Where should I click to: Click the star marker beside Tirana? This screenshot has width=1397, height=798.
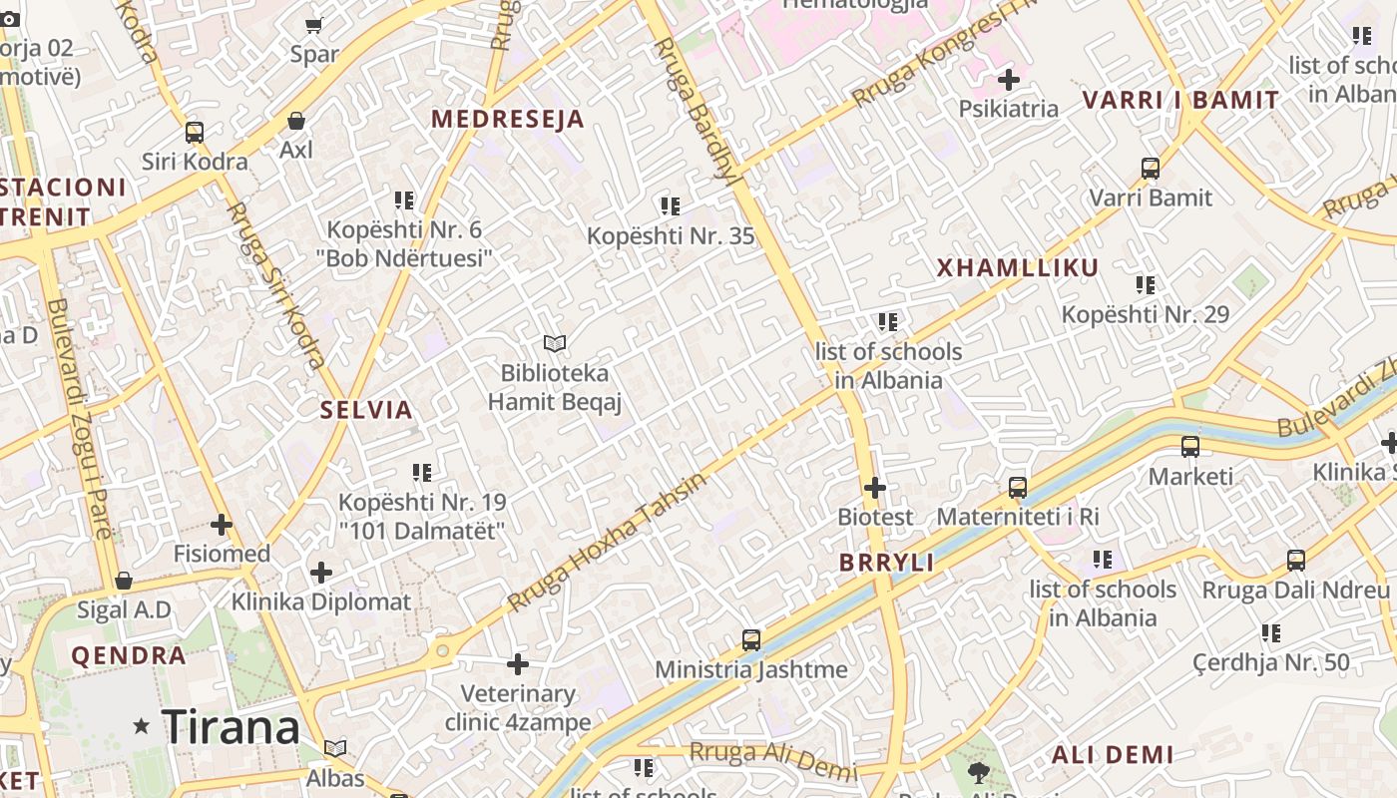click(x=142, y=727)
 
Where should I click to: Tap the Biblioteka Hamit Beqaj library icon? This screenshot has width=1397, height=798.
click(x=555, y=343)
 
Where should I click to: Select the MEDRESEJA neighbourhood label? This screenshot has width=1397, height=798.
click(x=508, y=120)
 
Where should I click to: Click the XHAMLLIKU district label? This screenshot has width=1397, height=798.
click(x=1018, y=267)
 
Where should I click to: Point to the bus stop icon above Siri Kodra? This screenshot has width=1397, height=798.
click(x=195, y=133)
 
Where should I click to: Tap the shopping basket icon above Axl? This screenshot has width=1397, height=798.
click(x=296, y=121)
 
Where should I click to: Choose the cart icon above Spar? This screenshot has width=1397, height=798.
click(x=314, y=25)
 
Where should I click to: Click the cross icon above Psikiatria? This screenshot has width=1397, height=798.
click(x=1008, y=79)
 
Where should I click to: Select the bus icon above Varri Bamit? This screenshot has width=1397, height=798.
click(x=1151, y=169)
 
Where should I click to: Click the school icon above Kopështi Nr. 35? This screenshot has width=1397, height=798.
click(x=671, y=206)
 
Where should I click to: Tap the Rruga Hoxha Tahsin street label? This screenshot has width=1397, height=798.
click(x=607, y=542)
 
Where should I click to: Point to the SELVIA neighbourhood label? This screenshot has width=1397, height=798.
click(x=366, y=410)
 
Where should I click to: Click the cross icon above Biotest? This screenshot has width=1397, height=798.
click(x=875, y=488)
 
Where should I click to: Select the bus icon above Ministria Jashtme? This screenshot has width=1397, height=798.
click(x=751, y=639)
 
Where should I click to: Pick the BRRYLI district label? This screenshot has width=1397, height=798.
click(x=887, y=563)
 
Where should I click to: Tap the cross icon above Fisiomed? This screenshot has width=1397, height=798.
click(x=222, y=525)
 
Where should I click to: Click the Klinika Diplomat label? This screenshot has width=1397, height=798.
click(x=321, y=602)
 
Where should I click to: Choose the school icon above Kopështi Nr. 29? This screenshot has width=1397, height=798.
click(x=1146, y=285)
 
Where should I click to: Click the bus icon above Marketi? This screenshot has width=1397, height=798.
click(x=1190, y=447)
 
